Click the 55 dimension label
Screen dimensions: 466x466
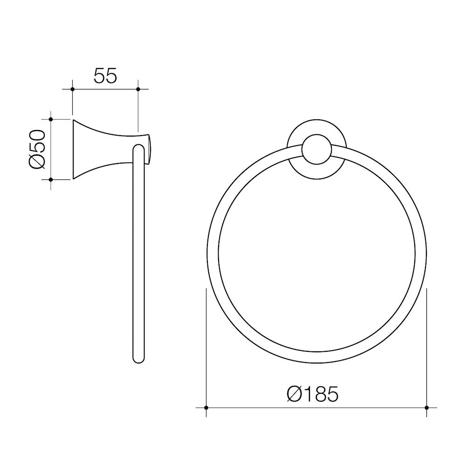coord(105,76)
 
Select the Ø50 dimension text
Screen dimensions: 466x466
coord(37,150)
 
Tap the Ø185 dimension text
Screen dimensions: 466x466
coord(313,394)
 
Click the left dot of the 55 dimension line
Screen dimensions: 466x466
coord(73,89)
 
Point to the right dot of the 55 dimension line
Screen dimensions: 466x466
coord(138,89)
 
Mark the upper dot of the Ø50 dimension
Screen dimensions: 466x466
coord(51,119)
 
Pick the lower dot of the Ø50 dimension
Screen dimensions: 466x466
coord(51,179)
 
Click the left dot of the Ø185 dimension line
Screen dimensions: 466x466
coord(206,407)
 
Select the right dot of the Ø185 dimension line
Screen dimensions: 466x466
coord(427,407)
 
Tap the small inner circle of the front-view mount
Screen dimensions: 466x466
coord(316,149)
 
